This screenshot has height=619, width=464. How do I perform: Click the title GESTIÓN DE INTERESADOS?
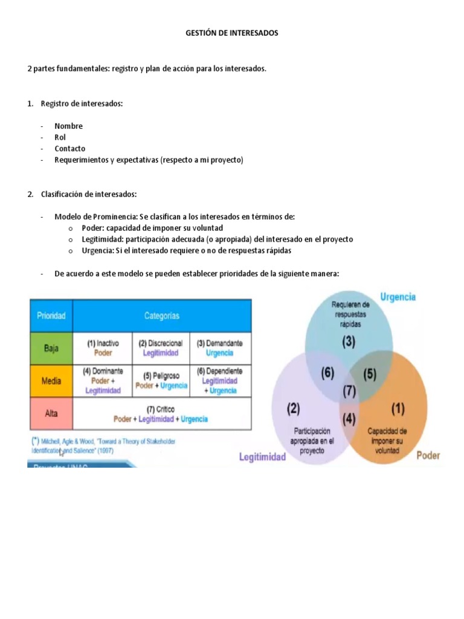tap(231, 33)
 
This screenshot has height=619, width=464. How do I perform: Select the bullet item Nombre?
tap(68, 126)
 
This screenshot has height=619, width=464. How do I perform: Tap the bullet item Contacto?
tap(69, 149)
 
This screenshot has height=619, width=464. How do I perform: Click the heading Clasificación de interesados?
tap(89, 194)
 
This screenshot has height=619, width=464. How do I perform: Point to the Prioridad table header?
tap(51, 316)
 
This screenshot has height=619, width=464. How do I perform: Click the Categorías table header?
tap(161, 316)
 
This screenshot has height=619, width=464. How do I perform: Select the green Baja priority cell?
tap(51, 348)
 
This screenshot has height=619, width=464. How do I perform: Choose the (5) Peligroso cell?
tap(161, 380)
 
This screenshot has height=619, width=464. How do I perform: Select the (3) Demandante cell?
tap(220, 348)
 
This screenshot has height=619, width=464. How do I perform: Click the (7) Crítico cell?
tap(161, 414)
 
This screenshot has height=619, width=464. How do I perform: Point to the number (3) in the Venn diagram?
tap(349, 341)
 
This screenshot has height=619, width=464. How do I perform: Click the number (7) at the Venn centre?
tap(349, 391)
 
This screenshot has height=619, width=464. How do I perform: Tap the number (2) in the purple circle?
tap(293, 409)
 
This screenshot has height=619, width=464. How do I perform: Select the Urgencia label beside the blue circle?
tap(398, 297)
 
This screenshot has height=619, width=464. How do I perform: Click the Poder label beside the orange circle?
tap(428, 455)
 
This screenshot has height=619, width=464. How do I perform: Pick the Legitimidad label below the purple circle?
tap(262, 458)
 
